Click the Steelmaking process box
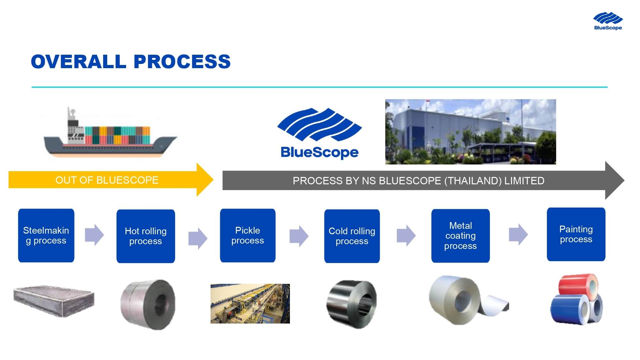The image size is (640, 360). pos(46,236)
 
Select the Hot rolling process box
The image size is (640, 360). pos(146,236)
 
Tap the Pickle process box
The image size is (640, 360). pos(248,236)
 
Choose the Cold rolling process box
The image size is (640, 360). pos(352,236)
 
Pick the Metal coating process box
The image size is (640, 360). pos(460,236)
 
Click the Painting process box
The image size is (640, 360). pos(576,234)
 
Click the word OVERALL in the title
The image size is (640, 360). pos(78,61)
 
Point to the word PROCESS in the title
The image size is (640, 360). pos(182,61)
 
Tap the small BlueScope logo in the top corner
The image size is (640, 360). pos(608,21)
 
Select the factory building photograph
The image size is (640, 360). pos(470,132)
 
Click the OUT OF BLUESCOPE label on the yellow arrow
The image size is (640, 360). pos(107,180)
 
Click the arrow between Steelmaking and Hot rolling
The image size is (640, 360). pos(94,235)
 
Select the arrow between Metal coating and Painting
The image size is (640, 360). pos(518,235)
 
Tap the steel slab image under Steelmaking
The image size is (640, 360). pos(54,301)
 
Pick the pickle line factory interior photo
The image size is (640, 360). pos(250,304)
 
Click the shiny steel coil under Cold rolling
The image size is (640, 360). pos(352,304)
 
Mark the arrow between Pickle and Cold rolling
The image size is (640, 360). pos(299,236)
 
